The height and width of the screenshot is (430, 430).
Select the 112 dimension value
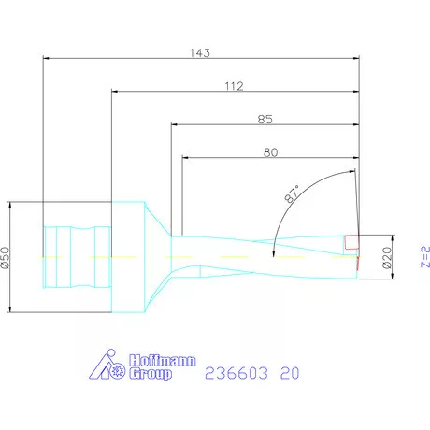coord(234,86)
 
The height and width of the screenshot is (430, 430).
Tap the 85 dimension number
coord(265,119)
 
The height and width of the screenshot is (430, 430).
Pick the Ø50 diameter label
coord(7,258)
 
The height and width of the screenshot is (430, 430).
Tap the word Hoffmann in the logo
coord(143,361)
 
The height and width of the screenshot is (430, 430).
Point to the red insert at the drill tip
coord(351,242)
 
